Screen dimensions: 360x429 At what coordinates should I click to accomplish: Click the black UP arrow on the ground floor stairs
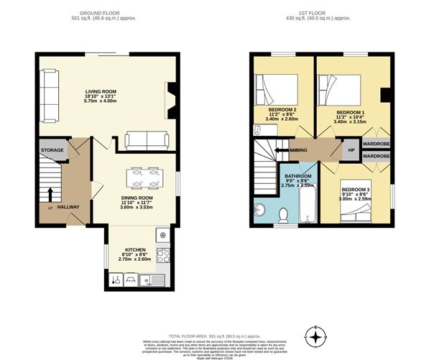(50, 193)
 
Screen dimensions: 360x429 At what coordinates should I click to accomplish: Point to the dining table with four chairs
(142, 176)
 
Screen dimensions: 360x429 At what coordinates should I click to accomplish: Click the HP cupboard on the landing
(351, 150)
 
